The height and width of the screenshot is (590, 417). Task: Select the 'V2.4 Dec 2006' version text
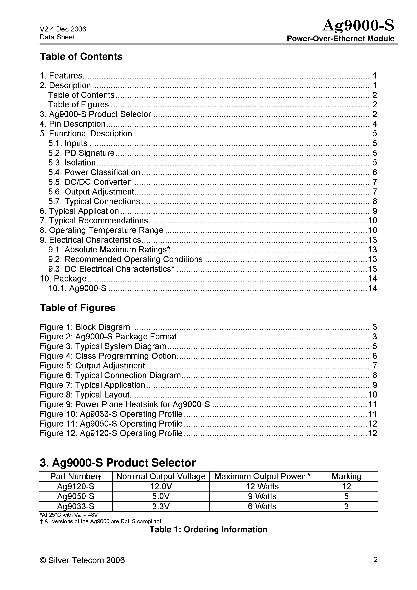(63, 29)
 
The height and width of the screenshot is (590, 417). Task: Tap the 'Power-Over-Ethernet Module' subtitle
(340, 39)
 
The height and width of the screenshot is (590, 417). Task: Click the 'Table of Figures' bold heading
(77, 308)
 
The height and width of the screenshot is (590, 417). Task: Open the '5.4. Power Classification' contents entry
(94, 172)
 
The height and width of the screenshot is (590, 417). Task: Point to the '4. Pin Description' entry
(72, 124)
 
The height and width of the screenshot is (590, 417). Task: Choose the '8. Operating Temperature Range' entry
(102, 230)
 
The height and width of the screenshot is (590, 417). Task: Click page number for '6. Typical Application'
(375, 211)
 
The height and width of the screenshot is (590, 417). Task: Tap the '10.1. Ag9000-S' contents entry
(77, 288)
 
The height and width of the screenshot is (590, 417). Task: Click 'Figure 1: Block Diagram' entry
(85, 327)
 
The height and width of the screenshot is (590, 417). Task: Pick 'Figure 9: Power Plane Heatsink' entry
(125, 404)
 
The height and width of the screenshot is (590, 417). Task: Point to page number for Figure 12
(372, 433)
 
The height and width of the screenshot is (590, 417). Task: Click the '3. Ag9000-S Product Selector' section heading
(117, 463)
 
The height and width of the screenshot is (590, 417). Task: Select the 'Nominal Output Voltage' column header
(161, 476)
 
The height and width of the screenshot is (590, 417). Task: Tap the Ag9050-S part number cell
(75, 496)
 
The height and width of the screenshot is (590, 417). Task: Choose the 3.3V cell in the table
(161, 506)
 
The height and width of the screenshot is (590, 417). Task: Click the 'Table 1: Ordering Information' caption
(208, 529)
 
